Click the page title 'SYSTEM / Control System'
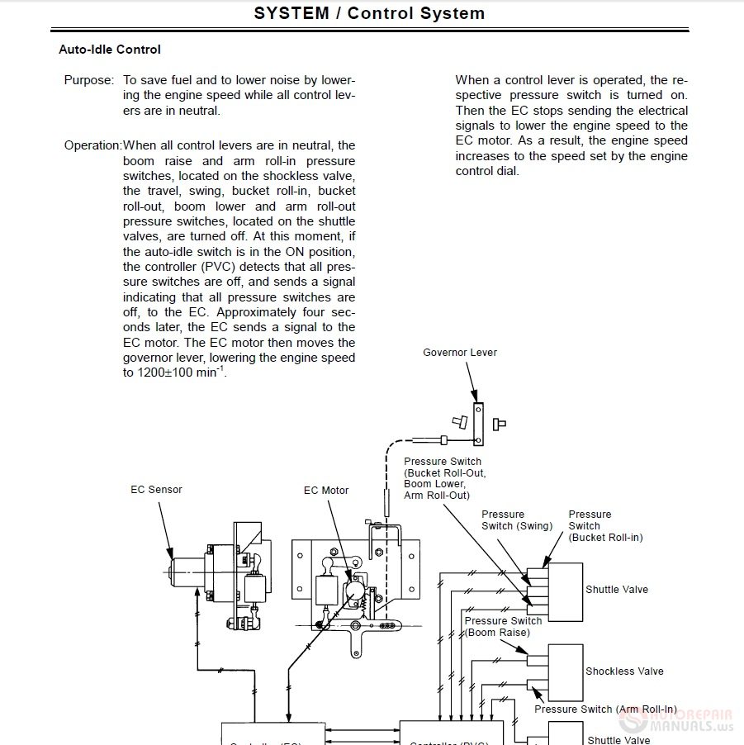tap(369, 13)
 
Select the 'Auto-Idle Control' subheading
tap(110, 50)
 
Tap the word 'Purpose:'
tap(89, 81)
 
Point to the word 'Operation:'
tap(93, 145)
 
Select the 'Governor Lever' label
tap(460, 353)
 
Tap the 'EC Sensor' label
tap(156, 490)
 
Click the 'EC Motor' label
tap(326, 491)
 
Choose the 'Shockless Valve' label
tap(624, 671)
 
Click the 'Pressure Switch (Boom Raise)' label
tap(503, 627)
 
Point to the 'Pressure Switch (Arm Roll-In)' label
tap(605, 709)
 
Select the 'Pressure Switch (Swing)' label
tap(517, 520)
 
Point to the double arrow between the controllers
tap(363, 731)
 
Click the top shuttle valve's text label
tap(616, 590)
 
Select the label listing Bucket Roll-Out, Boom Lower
tap(444, 479)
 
